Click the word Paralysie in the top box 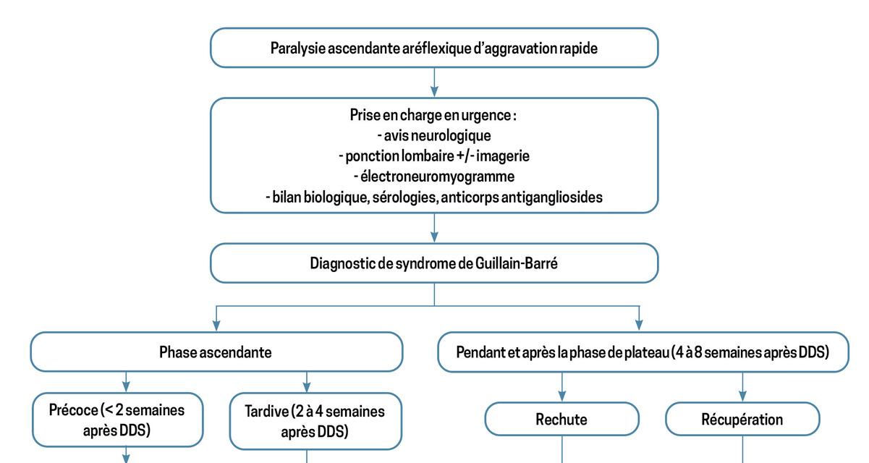(x=297, y=48)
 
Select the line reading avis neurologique (x=434, y=136)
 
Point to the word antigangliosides (x=551, y=197)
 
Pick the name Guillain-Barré (x=517, y=263)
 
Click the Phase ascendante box (x=216, y=352)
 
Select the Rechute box (x=561, y=419)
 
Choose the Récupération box (x=742, y=419)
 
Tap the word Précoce (x=73, y=410)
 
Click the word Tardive (x=267, y=412)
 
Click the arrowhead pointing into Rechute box (x=561, y=396)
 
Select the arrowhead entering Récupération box (x=742, y=396)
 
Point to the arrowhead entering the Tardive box (x=307, y=387)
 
